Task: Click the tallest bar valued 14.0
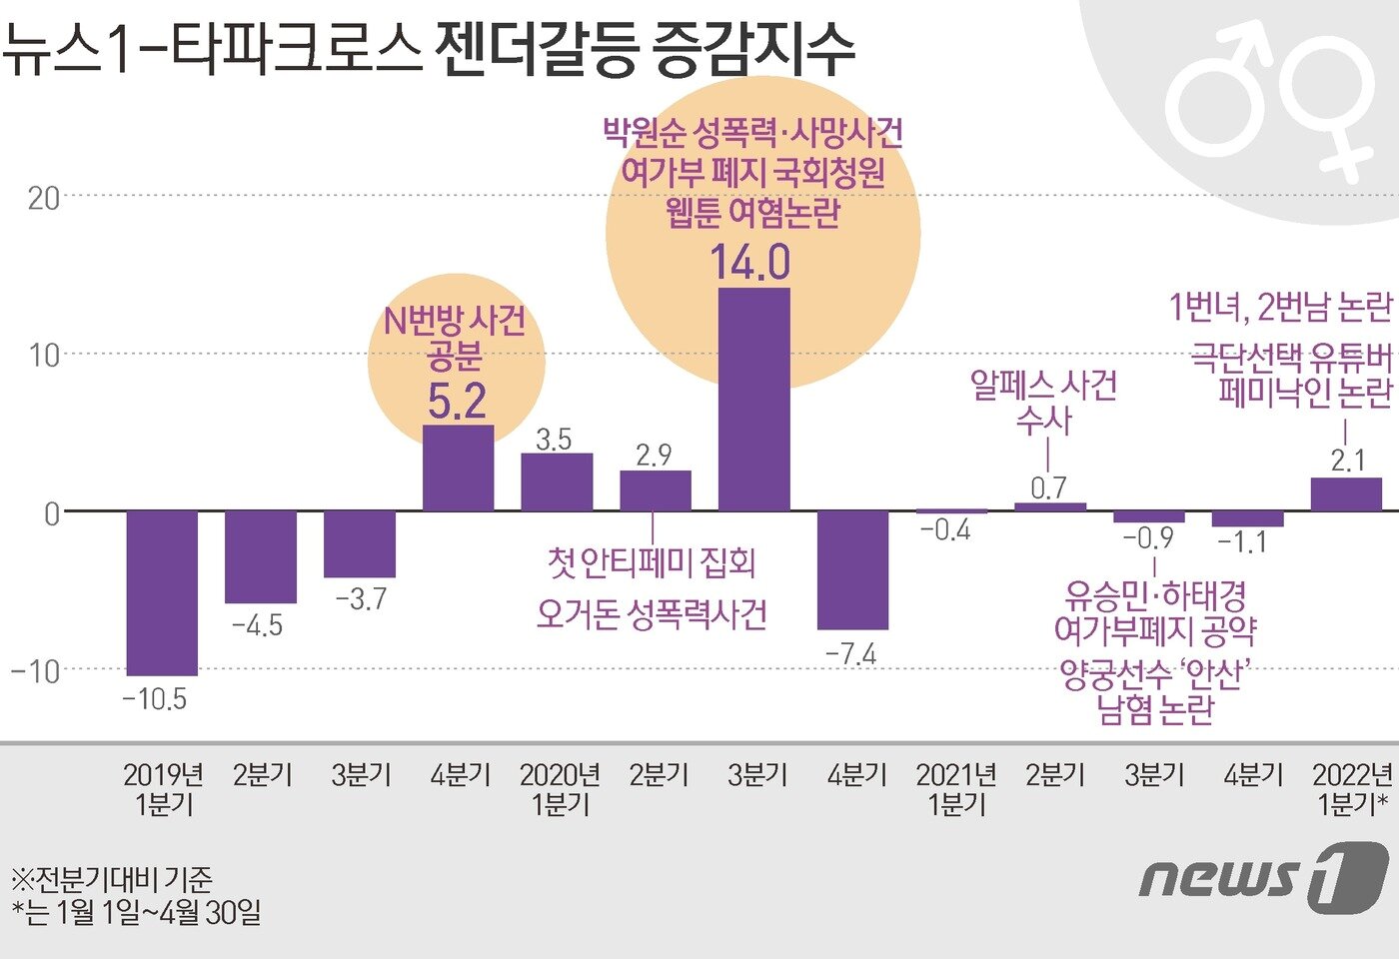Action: (754, 400)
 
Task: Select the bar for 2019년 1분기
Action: (162, 593)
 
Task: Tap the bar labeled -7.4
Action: (852, 570)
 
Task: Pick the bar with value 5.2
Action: (459, 469)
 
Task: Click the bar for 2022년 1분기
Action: (1346, 495)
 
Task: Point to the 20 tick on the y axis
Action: (44, 198)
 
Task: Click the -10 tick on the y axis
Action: (36, 670)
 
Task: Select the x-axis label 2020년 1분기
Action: (560, 789)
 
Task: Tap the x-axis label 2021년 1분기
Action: (956, 789)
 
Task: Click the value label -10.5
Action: (155, 699)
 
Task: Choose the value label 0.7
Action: (1048, 487)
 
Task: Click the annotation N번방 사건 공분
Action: (456, 338)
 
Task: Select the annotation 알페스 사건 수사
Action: (1043, 403)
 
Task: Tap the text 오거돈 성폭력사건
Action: (652, 614)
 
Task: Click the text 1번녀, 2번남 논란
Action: (1280, 308)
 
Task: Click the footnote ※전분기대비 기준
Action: (112, 879)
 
